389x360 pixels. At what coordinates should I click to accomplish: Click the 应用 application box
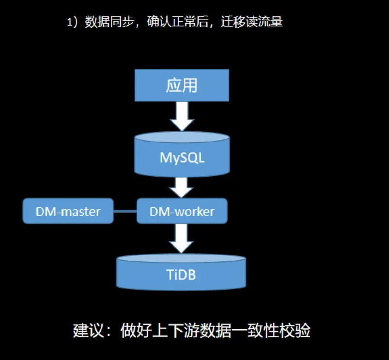pyautogui.click(x=182, y=86)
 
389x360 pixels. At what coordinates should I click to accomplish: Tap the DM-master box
pyautogui.click(x=68, y=211)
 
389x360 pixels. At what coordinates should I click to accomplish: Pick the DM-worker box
pyautogui.click(x=182, y=211)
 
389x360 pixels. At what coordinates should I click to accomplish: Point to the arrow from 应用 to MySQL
pyautogui.click(x=182, y=116)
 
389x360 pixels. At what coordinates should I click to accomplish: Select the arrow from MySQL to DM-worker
pyautogui.click(x=182, y=186)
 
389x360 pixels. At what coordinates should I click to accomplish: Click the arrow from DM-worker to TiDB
pyautogui.click(x=182, y=238)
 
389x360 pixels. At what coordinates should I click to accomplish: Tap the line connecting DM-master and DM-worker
pyautogui.click(x=125, y=211)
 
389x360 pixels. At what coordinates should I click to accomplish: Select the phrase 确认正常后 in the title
pyautogui.click(x=168, y=22)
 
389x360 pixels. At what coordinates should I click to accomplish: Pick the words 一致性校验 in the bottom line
pyautogui.click(x=272, y=331)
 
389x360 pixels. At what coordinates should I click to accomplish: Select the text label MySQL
pyautogui.click(x=182, y=158)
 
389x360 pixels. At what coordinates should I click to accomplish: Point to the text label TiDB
pyautogui.click(x=182, y=275)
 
